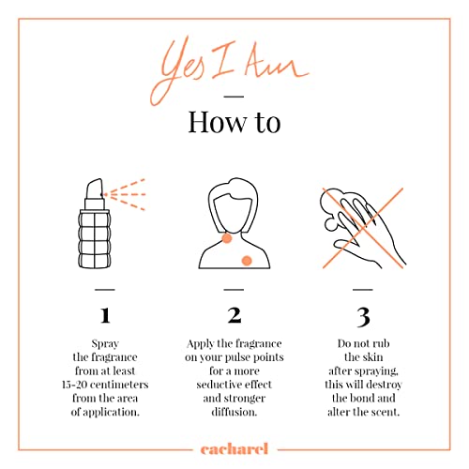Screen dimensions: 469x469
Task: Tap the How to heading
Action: pyautogui.click(x=234, y=122)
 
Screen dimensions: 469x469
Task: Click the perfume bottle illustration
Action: pyautogui.click(x=95, y=223)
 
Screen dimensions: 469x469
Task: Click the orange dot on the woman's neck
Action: pyautogui.click(x=227, y=238)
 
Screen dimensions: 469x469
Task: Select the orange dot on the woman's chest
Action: pyautogui.click(x=247, y=261)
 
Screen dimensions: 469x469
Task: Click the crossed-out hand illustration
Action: pyautogui.click(x=363, y=228)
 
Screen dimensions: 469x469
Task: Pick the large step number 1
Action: pyautogui.click(x=105, y=315)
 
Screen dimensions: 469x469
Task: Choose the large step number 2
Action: pyautogui.click(x=234, y=315)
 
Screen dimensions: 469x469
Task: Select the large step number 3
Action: pyautogui.click(x=363, y=317)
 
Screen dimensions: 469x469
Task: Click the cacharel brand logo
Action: pyautogui.click(x=234, y=449)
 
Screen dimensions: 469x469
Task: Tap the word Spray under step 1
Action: pyautogui.click(x=105, y=344)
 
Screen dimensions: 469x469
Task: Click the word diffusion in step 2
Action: pyautogui.click(x=234, y=412)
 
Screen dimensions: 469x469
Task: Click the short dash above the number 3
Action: pyautogui.click(x=363, y=290)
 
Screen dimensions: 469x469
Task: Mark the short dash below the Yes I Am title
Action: pyautogui.click(x=234, y=97)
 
